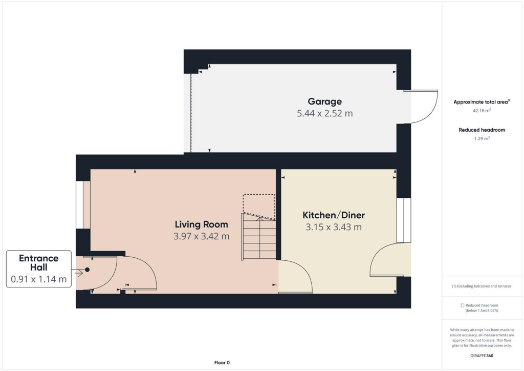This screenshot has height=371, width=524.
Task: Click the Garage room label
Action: [x=324, y=101]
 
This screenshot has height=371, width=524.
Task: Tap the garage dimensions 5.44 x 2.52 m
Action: [x=324, y=113]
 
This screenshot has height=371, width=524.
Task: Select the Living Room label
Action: [x=201, y=224]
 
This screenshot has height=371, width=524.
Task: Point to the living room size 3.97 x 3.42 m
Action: [x=201, y=236]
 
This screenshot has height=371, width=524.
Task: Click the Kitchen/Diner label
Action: [x=334, y=215]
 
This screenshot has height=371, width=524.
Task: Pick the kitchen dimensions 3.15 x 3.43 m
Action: [x=334, y=227]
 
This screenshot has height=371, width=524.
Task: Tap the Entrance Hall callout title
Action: [x=39, y=263]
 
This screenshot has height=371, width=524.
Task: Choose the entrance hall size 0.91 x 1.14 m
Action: [x=39, y=279]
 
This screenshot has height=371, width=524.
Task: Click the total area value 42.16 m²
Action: [x=481, y=110]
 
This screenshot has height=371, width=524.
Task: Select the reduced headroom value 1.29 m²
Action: [x=481, y=138]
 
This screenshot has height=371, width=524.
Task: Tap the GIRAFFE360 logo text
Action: [x=481, y=355]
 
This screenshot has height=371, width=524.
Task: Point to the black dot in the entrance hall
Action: [x=88, y=270]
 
